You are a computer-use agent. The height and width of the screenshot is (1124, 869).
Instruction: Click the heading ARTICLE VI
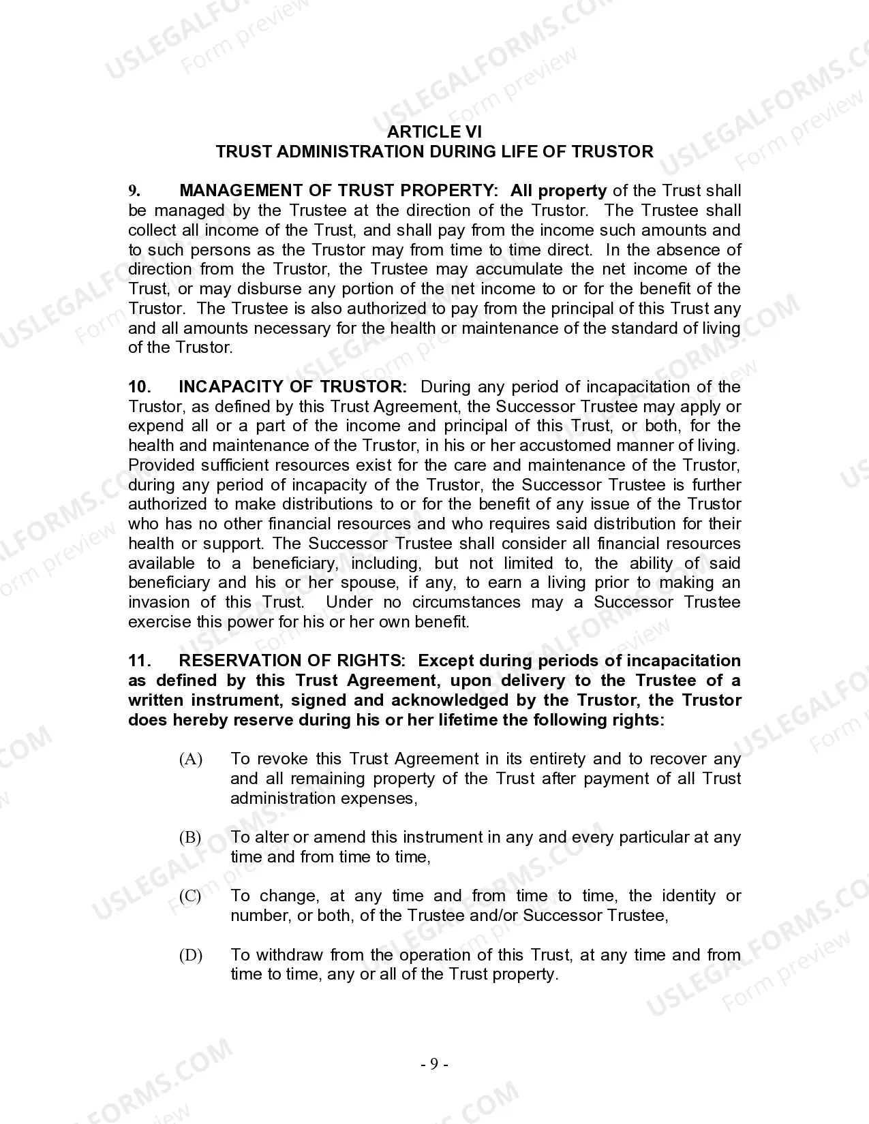pyautogui.click(x=434, y=131)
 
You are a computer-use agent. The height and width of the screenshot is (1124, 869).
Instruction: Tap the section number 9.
pyautogui.click(x=134, y=191)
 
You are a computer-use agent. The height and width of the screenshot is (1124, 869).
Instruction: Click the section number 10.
pyautogui.click(x=140, y=387)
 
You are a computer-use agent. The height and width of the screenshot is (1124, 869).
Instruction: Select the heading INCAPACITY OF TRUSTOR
pyautogui.click(x=292, y=387)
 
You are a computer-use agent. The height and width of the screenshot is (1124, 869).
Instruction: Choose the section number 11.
pyautogui.click(x=139, y=661)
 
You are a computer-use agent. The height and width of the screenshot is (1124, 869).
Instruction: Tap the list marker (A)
pyautogui.click(x=191, y=759)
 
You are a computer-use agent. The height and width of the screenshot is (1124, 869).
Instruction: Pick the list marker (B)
pyautogui.click(x=190, y=837)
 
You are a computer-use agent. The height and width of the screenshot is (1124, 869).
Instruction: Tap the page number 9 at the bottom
pyautogui.click(x=434, y=1064)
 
